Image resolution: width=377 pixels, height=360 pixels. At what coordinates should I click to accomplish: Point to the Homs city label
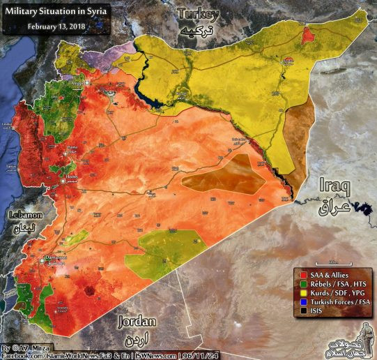coord(70,178)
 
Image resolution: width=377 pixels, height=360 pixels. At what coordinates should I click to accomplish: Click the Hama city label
coord(72,148)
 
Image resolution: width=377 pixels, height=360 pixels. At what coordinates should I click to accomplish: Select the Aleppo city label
coord(77,82)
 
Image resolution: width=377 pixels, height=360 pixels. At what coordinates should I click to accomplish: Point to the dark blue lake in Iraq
coord(362,208)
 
